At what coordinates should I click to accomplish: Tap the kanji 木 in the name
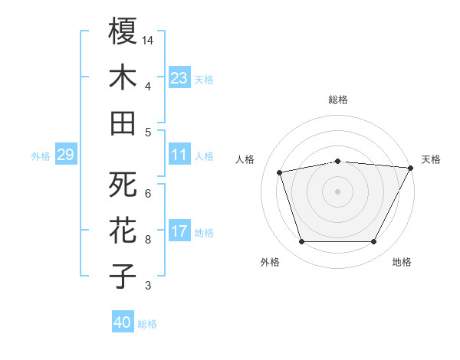click(123, 77)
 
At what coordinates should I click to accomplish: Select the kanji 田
click(123, 123)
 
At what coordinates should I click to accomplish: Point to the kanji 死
click(123, 185)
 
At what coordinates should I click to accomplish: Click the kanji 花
click(123, 231)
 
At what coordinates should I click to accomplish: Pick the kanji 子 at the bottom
click(123, 276)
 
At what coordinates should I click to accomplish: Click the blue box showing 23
click(179, 77)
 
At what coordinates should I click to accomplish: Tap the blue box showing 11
click(179, 155)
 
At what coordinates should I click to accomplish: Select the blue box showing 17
click(179, 231)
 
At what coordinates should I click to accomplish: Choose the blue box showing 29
click(65, 155)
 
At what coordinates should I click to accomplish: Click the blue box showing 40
click(123, 322)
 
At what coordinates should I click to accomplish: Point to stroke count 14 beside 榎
click(149, 39)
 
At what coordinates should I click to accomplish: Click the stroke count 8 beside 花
click(148, 240)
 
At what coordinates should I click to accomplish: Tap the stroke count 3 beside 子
click(148, 286)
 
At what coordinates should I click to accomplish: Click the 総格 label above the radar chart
click(338, 100)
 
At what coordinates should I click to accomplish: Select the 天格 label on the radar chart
click(431, 159)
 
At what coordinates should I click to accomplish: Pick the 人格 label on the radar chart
click(245, 159)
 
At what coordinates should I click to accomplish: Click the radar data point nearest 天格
click(411, 168)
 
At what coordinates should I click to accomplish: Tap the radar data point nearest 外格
click(301, 242)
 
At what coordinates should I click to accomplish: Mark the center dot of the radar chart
click(338, 191)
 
